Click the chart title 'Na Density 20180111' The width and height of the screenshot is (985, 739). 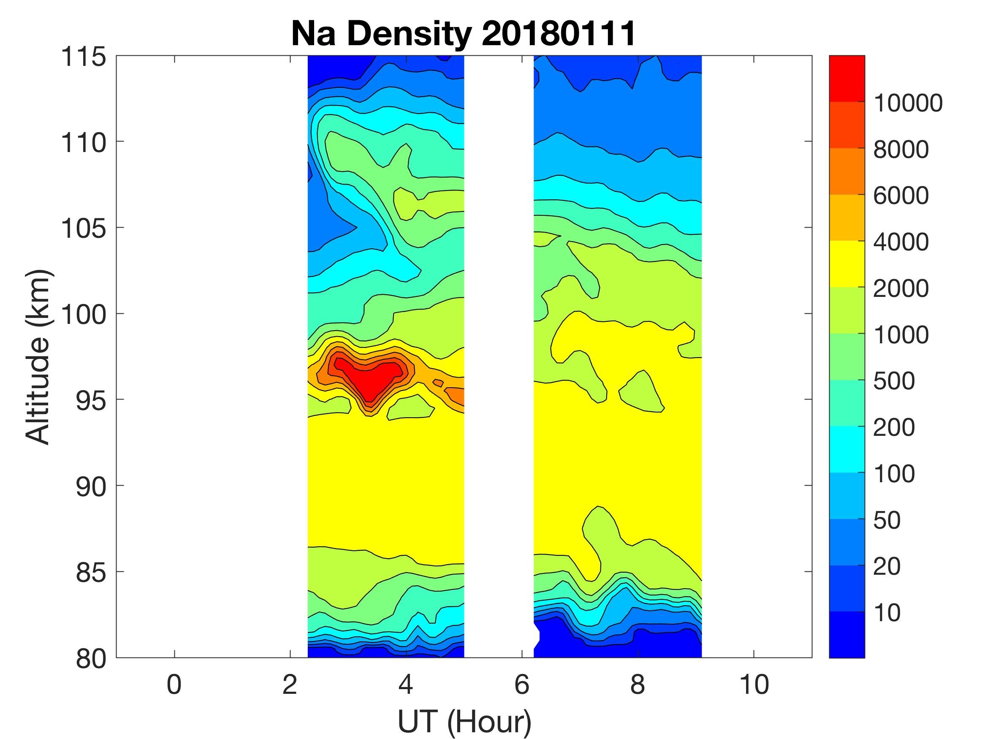(463, 34)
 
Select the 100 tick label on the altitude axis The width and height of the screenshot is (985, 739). (83, 315)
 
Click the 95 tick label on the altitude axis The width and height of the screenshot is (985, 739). (91, 400)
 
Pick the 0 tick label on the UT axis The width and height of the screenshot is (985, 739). (174, 685)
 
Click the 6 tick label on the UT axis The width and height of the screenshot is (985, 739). (522, 685)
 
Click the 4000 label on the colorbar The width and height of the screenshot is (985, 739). (901, 242)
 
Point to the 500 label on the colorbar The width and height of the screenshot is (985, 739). (894, 381)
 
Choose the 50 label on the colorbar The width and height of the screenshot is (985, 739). (887, 520)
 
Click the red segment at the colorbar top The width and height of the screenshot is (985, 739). (847, 79)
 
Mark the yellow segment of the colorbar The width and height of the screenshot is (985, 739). (847, 264)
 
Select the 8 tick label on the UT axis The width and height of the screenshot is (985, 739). (638, 685)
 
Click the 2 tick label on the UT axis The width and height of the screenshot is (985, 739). (290, 685)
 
